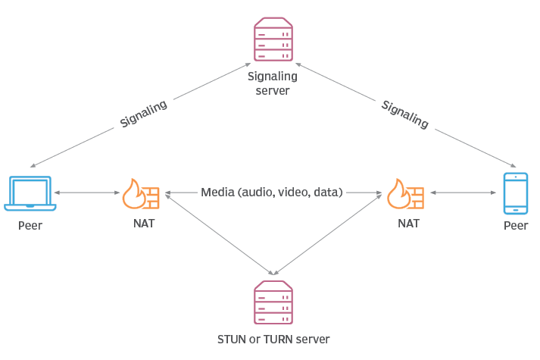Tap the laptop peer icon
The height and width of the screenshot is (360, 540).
(x=30, y=193)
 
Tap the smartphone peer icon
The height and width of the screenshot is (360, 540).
(x=516, y=193)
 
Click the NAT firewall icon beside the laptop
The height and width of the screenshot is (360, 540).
(x=141, y=194)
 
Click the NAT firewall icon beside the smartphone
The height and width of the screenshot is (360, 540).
(x=406, y=194)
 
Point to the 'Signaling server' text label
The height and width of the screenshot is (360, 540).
(x=273, y=83)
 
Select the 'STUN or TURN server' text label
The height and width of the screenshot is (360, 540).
(x=273, y=340)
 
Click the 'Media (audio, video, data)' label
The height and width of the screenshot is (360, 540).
(x=272, y=193)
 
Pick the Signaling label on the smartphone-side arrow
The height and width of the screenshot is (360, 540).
(x=404, y=114)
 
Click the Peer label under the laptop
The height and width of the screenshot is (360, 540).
(x=30, y=226)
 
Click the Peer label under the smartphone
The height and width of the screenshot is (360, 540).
(x=516, y=226)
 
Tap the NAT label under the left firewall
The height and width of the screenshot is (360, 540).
(x=142, y=224)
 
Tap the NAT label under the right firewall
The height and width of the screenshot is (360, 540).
(x=408, y=224)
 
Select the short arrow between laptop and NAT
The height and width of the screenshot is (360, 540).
(x=87, y=193)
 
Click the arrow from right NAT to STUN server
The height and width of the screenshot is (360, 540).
(x=327, y=233)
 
